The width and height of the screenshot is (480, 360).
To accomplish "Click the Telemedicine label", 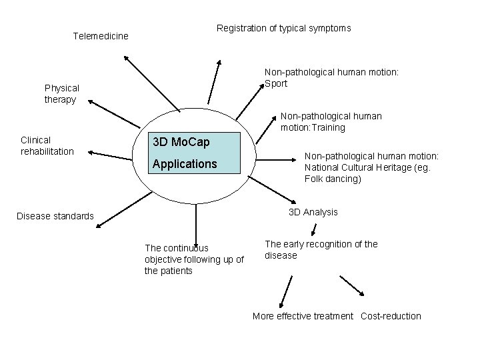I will (x=100, y=35).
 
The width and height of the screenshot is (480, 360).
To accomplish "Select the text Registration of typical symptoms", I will (x=283, y=28).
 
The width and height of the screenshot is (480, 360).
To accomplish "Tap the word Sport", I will (x=276, y=83).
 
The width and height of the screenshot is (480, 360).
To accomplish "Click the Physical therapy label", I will (x=61, y=93).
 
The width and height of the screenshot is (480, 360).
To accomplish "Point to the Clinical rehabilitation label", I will (x=47, y=145).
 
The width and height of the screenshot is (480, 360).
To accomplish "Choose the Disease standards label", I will (x=55, y=216).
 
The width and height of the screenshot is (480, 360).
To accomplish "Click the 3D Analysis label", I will (x=313, y=212).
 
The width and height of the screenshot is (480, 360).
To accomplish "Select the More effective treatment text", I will (x=303, y=316).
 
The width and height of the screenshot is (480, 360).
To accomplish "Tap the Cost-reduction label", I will (x=391, y=316).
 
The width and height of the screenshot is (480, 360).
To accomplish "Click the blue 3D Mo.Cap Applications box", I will (x=193, y=153).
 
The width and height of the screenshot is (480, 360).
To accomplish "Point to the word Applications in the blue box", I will (x=185, y=163).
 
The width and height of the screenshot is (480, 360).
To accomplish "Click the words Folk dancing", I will (x=333, y=179).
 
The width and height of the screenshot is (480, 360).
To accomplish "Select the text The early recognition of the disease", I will (x=321, y=249).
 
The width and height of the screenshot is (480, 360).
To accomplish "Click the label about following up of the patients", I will (x=194, y=259).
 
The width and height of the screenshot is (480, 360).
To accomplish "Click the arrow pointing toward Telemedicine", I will (x=151, y=83).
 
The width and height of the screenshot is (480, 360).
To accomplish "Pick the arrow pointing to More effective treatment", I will (x=285, y=291).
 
